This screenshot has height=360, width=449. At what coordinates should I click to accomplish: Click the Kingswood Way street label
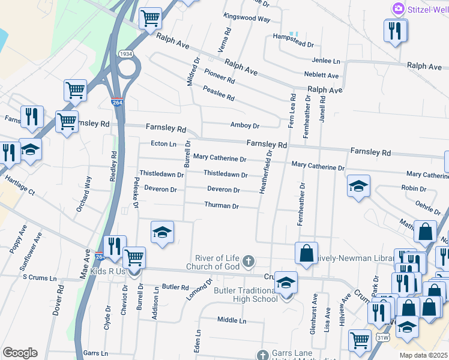click(x=246, y=19)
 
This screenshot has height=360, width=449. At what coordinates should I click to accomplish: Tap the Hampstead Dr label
click(x=294, y=44)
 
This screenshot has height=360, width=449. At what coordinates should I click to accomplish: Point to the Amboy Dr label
click(x=244, y=126)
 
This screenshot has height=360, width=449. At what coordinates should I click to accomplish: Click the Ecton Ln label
click(x=163, y=144)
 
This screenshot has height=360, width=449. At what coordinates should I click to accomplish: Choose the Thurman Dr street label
click(x=221, y=206)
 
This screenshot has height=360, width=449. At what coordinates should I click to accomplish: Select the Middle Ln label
click(x=232, y=320)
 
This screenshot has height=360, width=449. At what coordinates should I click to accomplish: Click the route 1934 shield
click(x=125, y=54)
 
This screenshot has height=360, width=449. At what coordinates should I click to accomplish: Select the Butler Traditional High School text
click(x=246, y=295)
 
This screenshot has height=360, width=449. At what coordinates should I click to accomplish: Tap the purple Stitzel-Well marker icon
click(x=397, y=10)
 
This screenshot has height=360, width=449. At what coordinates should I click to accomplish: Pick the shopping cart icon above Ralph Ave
click(x=150, y=18)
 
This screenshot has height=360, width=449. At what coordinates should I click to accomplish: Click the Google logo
click(x=20, y=352)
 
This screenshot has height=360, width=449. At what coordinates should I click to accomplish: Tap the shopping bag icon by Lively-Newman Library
click(x=306, y=253)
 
